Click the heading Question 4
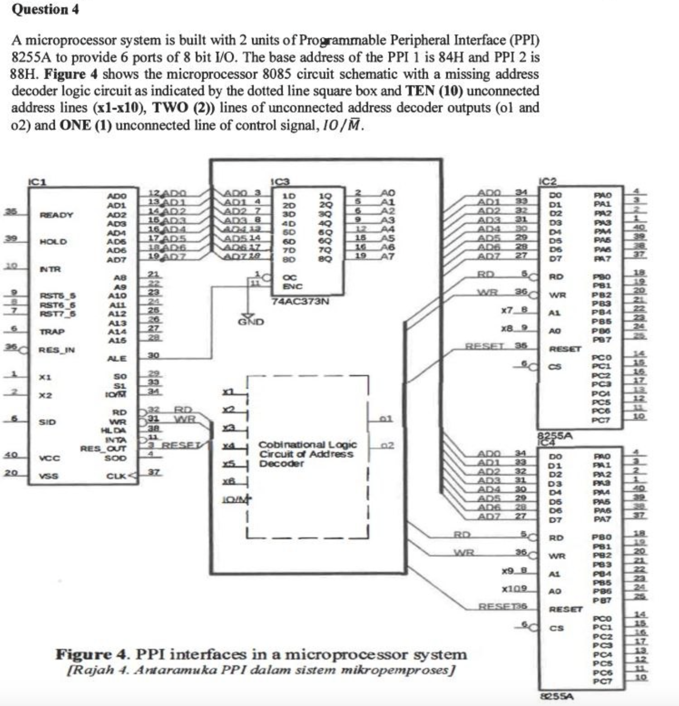coord(45,9)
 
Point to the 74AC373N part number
coord(301,302)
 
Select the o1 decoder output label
coord(386,419)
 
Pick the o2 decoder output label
coord(387,445)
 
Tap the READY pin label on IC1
coord(56,215)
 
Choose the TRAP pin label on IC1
coord(52,332)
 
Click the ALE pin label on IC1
coord(117,358)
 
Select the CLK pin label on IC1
coord(117,476)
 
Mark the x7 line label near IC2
coord(507,310)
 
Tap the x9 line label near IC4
coord(508,570)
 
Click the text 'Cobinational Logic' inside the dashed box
coord(308,445)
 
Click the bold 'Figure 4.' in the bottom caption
coord(93,654)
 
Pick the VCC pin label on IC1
coord(49,458)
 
